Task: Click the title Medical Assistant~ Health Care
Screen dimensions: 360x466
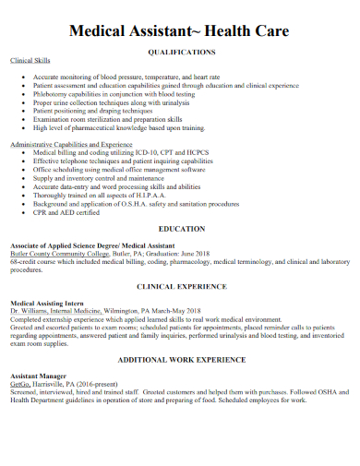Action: [180, 31]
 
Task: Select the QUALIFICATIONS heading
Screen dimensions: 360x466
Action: [181, 54]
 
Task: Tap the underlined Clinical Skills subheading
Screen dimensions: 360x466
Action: [30, 60]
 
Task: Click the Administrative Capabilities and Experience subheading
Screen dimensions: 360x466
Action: [71, 145]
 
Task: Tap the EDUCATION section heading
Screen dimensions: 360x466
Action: [181, 228]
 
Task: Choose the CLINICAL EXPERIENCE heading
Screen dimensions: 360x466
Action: [181, 286]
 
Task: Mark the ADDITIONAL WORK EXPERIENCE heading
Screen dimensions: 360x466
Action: [181, 360]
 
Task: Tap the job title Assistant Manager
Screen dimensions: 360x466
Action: [38, 376]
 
